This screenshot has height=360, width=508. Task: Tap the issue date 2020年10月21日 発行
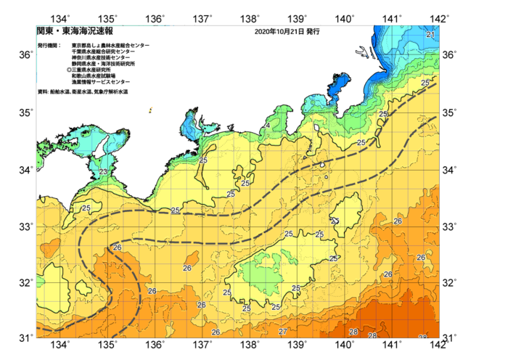pos(287,32)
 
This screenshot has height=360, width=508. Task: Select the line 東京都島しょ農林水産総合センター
pos(110,45)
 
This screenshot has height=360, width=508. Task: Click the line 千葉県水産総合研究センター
pos(103,52)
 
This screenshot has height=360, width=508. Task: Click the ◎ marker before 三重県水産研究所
pos(69,70)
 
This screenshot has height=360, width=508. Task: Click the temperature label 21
pos(430,35)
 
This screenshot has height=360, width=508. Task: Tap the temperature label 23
pos(103,172)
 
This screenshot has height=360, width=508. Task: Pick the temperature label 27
pos(282,331)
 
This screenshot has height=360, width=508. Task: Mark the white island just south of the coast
pos(317,129)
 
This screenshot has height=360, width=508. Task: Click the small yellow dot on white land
pos(150,111)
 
